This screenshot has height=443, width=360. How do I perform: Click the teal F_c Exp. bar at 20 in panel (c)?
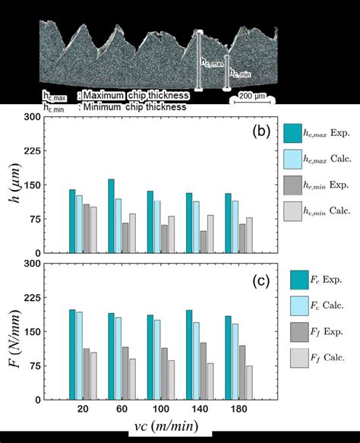(73, 354)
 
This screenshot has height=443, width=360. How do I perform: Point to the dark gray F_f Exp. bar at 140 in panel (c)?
(203, 371)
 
